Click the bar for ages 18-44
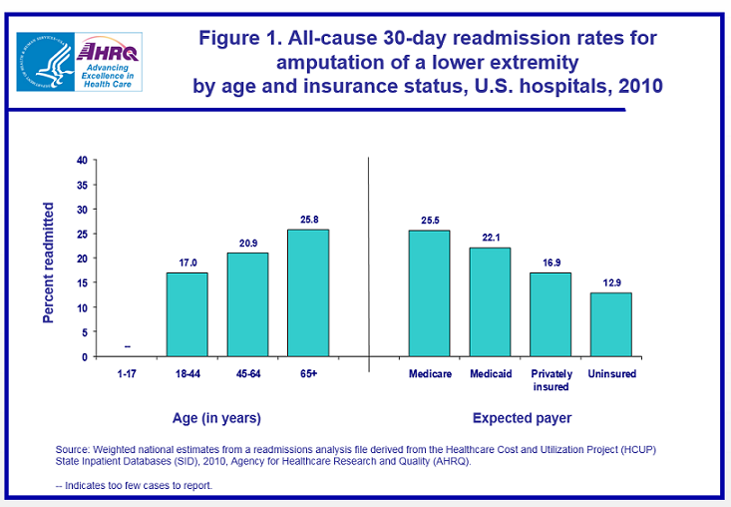pos(186,314)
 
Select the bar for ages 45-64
pos(247,304)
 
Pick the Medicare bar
pos(429,293)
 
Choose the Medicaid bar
pos(490,301)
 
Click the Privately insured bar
pos(550,314)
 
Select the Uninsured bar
pos(610,324)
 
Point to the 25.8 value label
pos(308,219)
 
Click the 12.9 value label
pos(610,282)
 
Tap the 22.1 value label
pos(490,238)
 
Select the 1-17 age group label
pos(126,374)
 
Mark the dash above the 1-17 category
pos(126,347)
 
